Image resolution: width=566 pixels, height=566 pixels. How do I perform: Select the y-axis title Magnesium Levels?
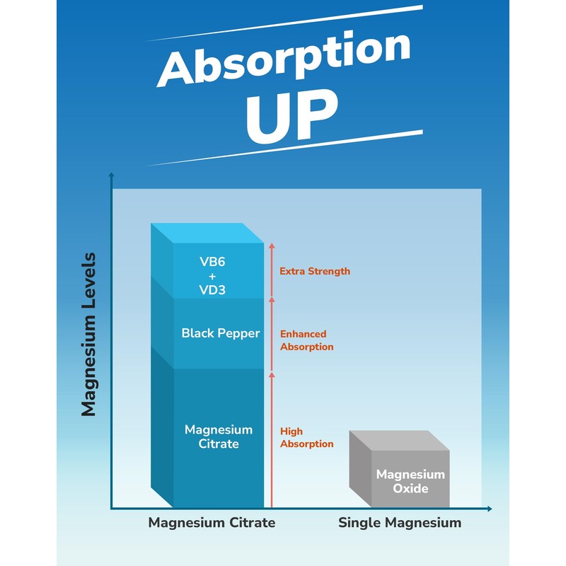coord(88,334)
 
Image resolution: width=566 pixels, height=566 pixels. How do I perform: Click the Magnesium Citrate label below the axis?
coord(212,523)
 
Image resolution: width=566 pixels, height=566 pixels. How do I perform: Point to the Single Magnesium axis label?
coord(399,523)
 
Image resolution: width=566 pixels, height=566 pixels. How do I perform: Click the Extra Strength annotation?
coord(315,271)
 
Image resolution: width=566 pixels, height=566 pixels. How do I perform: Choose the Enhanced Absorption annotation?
coord(306,340)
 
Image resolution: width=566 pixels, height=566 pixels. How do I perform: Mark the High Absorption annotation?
coord(306,437)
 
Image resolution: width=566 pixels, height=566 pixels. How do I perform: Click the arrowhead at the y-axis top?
coord(111,175)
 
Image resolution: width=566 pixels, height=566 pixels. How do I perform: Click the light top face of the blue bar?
coord(212,233)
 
